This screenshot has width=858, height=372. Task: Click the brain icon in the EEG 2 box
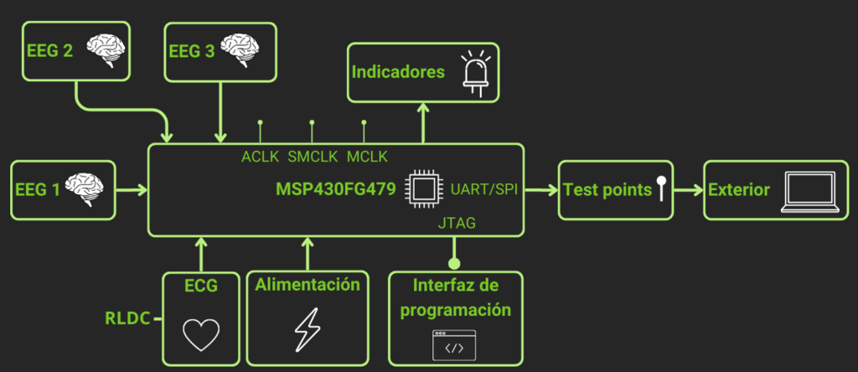tap(108, 49)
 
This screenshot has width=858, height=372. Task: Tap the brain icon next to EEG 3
tap(249, 49)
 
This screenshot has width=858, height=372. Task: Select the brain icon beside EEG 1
tap(85, 189)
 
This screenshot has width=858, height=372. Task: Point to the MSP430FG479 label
tap(335, 189)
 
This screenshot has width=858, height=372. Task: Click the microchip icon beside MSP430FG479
tap(421, 189)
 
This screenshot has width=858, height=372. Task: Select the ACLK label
tap(259, 157)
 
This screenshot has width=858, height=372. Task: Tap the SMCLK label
tap(313, 157)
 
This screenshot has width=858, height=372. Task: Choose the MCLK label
tap(366, 157)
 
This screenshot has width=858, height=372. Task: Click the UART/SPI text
tap(483, 188)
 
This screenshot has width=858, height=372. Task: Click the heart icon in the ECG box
tap(200, 334)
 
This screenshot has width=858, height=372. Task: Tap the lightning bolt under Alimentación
tap(307, 328)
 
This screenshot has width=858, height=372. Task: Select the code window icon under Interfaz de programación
tap(454, 345)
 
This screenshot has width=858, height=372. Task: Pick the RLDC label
tap(127, 318)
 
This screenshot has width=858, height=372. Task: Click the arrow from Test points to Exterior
tap(687, 190)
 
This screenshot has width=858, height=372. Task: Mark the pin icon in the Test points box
tap(661, 189)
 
